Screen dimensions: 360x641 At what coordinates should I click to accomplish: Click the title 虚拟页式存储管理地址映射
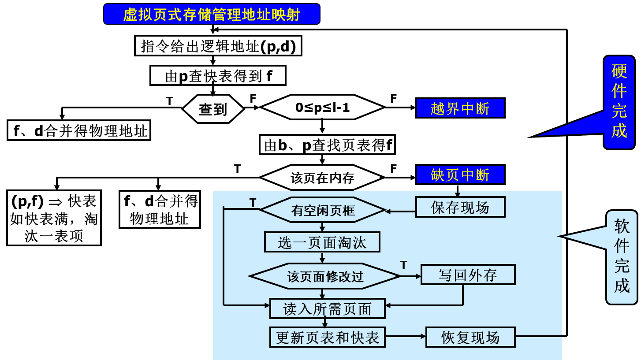tap(212, 14)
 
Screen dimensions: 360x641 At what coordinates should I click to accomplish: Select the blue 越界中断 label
tap(460, 108)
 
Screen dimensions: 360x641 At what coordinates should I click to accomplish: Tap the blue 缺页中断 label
tap(460, 174)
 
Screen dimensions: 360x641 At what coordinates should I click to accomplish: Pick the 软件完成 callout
tap(622, 257)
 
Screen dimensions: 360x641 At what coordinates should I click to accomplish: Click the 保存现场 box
tap(460, 207)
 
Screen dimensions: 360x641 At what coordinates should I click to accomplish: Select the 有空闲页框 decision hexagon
tap(322, 210)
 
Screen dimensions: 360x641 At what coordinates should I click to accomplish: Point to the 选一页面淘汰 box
tap(322, 242)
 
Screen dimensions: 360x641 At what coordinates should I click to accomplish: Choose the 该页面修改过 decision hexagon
tap(325, 276)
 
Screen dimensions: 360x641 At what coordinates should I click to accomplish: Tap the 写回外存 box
tap(468, 275)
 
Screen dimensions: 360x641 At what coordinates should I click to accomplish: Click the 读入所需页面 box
tap(327, 308)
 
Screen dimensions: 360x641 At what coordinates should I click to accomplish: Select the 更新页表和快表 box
tap(327, 337)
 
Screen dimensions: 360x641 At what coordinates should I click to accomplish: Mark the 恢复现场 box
tap(470, 337)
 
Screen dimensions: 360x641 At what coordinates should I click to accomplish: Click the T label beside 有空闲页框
tap(253, 202)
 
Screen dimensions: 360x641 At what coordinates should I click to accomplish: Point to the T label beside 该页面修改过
tap(403, 265)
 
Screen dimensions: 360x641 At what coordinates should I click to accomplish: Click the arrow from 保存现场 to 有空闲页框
tap(400, 212)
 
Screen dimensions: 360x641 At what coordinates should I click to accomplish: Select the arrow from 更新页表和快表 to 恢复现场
tap(405, 336)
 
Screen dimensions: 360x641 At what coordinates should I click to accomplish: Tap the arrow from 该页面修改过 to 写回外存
tap(410, 276)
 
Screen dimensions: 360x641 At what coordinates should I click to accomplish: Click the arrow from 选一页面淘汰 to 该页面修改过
tap(322, 258)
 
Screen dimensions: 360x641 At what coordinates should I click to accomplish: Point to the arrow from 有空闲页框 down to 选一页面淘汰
tap(322, 227)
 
